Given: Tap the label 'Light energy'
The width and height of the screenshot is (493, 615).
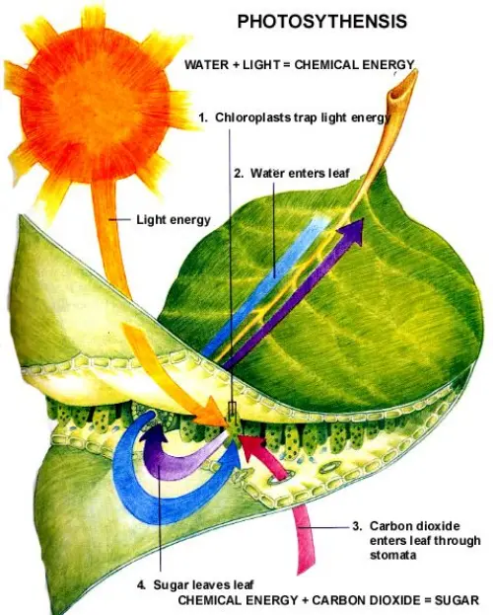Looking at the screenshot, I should pos(173,219).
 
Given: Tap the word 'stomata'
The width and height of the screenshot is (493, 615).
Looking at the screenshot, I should pos(391,555).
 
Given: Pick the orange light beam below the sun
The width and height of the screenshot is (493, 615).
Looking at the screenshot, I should pos(109,257).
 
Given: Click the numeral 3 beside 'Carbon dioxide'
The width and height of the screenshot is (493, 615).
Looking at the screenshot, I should pos(356,526).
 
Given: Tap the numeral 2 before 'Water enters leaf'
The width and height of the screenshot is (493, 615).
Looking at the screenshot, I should pos(237,172).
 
